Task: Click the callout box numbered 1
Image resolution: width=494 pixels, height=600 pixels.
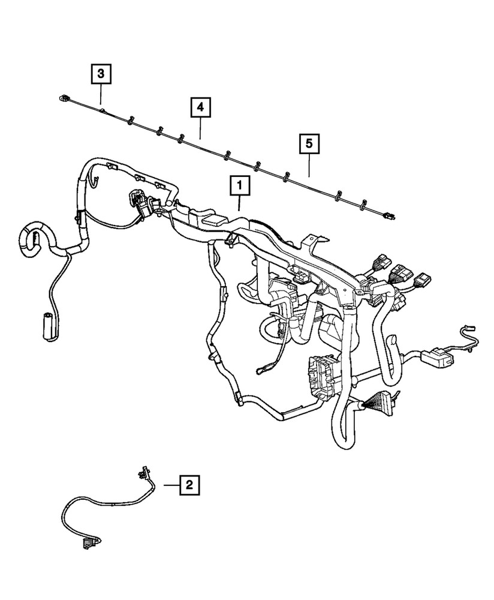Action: point(239,187)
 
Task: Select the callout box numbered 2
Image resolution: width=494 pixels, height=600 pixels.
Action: point(189,484)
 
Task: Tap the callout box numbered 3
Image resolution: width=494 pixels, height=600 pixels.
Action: point(101,74)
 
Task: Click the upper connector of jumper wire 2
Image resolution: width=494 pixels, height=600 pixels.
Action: point(142,473)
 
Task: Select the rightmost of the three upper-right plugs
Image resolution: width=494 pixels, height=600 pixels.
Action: point(424,280)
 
